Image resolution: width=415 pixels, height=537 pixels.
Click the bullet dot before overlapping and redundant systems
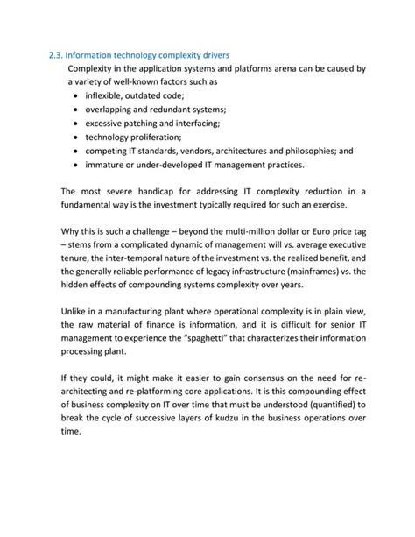tap(78, 110)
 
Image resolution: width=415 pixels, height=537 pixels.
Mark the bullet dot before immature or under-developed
tap(78, 165)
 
